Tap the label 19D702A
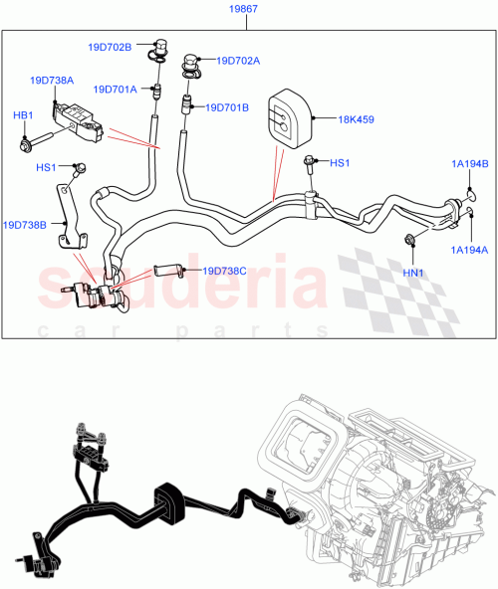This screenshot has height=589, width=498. (x=238, y=61)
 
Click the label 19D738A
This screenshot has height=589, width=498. (x=52, y=81)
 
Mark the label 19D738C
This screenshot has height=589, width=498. (x=226, y=270)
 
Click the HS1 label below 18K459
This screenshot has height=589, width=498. (x=340, y=163)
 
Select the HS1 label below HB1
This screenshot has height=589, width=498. (x=46, y=168)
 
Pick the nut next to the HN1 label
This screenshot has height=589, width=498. (x=409, y=239)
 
